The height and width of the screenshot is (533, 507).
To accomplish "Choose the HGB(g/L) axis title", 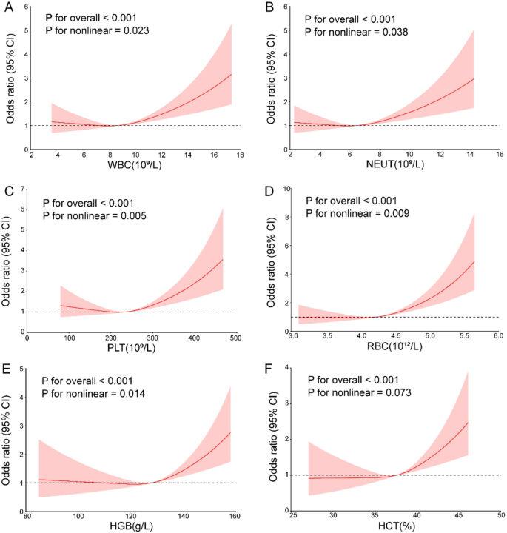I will pyautogui.click(x=134, y=527).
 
